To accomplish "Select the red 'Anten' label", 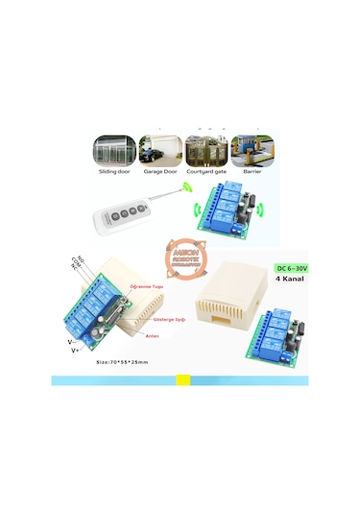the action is pos(151,335).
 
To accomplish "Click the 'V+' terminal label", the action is pos(76,351).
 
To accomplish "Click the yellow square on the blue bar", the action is pos(182,380).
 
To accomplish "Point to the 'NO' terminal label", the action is pos(80,259).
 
